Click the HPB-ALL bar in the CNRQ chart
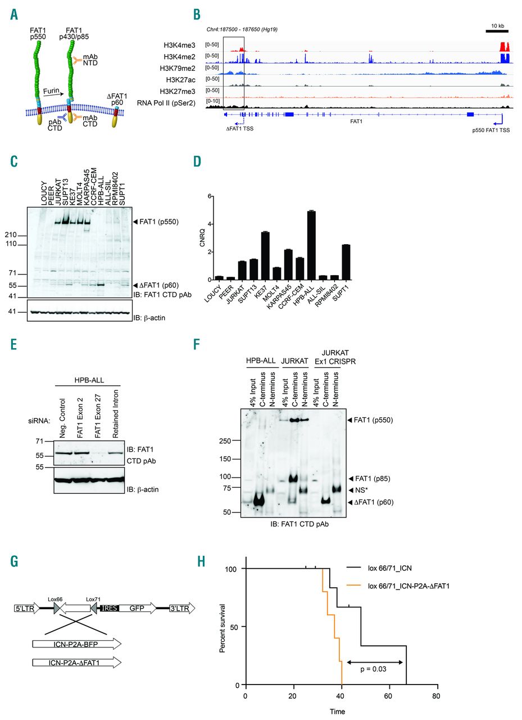tap(311, 245)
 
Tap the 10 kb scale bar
tap(497, 31)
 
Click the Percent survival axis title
tap(223, 628)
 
